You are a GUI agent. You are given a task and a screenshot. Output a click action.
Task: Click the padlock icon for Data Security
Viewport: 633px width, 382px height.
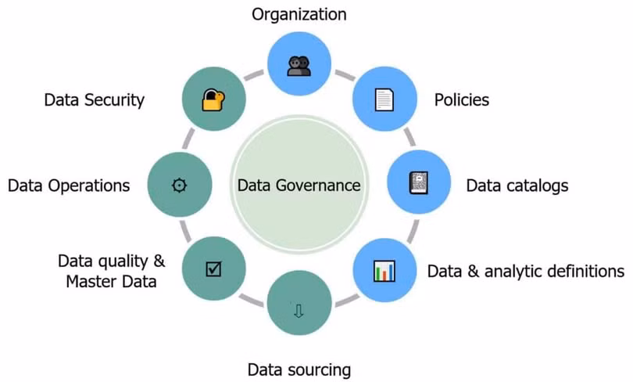pos(213,100)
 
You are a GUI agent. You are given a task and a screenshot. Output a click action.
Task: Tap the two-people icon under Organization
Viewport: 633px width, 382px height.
pos(299,66)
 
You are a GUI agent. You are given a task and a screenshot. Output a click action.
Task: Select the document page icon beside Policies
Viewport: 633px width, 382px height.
pos(384,100)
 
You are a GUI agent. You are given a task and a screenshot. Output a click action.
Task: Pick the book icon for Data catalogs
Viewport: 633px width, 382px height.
pos(419,183)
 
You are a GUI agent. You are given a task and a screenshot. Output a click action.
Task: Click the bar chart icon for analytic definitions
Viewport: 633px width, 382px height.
pos(384,270)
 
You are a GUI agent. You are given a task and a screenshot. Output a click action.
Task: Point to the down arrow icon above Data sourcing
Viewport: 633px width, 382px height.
pos(299,311)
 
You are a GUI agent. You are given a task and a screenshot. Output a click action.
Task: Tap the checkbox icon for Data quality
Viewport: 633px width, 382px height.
pos(213,268)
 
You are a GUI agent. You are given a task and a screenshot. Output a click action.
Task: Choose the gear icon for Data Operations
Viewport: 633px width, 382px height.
pos(179,186)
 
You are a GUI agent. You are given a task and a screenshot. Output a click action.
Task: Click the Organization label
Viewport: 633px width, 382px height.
pos(299,14)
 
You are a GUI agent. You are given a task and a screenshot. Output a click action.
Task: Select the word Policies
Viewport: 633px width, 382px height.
pos(461,100)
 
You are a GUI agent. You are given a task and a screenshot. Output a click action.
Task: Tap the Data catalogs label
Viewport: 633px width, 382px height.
pos(517,186)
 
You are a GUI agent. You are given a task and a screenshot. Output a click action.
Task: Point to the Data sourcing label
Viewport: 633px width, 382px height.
pos(299,370)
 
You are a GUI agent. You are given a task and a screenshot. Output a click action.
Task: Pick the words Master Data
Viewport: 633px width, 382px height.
pos(111,281)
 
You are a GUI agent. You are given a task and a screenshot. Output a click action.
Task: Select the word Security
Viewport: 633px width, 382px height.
pos(114,100)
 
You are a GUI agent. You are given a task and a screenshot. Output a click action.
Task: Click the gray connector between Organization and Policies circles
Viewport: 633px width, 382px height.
pos(345,75)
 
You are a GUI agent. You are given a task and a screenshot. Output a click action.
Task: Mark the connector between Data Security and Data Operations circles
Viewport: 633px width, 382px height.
pos(188,139)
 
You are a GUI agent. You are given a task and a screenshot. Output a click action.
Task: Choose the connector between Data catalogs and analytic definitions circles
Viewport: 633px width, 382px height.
pos(413,232)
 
